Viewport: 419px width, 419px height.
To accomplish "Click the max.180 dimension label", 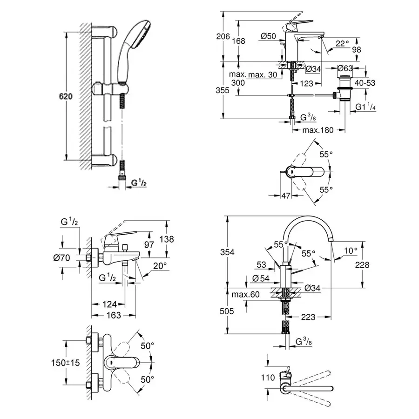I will point(318,130).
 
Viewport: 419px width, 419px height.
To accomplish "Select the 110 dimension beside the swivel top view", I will point(268,378).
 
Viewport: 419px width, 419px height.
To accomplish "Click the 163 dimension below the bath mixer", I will point(112,315).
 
